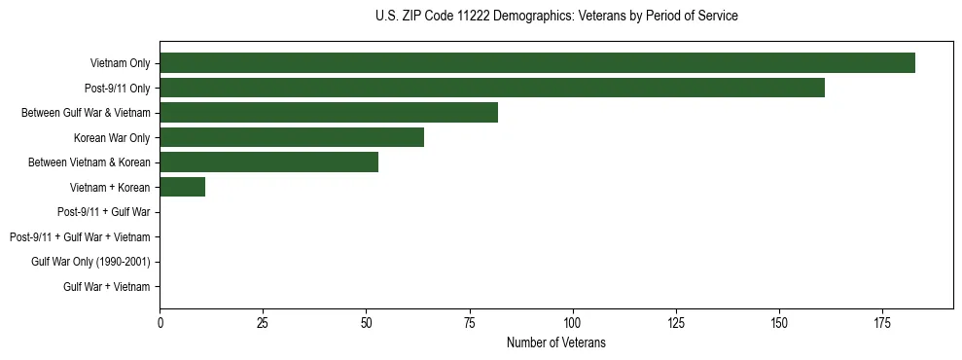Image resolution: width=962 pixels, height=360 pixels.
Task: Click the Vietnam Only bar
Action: coord(537,63)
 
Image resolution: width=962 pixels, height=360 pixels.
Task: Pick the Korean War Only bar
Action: coord(292,137)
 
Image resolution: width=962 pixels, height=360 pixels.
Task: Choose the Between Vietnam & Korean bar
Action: coord(268,162)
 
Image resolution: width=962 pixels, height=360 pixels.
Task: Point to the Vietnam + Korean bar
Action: coord(182,187)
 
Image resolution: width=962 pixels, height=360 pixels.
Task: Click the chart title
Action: coord(556,17)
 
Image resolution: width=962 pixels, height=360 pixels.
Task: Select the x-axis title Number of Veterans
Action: coord(556,342)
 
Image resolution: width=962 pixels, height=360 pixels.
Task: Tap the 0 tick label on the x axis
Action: coord(160,322)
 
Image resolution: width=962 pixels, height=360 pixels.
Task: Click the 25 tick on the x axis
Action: coord(263,322)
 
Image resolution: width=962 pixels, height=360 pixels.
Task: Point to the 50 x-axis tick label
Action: coord(366,322)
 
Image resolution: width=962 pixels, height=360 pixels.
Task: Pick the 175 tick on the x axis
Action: coord(882,322)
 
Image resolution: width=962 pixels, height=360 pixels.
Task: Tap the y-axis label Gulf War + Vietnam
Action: coord(106,287)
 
